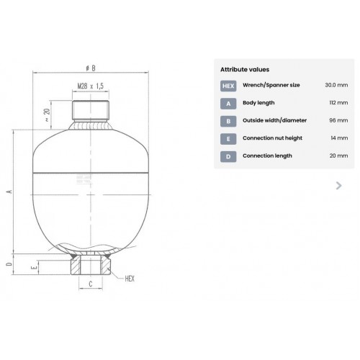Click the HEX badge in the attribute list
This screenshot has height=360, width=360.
pos(228,86)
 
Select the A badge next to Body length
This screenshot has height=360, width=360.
pos(228,104)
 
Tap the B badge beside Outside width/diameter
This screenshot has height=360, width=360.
pos(228,121)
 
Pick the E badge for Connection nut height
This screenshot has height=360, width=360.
pos(228,139)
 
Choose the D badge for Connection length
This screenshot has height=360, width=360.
pos(228,157)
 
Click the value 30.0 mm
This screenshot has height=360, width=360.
pos(336,85)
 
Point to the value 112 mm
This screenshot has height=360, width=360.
pos(338,103)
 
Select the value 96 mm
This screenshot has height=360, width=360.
pos(338,120)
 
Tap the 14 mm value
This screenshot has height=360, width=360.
pos(339,138)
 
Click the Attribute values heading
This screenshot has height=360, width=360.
pos(245,70)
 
